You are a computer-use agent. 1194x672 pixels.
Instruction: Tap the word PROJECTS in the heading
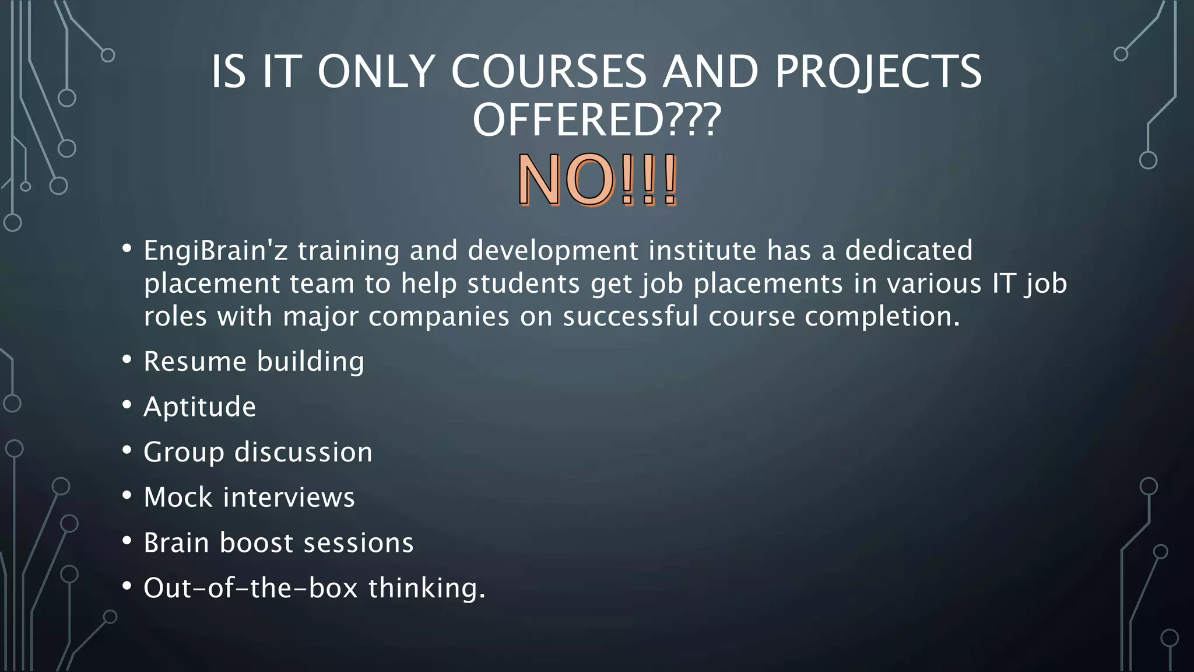878,72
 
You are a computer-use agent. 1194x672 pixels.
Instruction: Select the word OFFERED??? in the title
596,120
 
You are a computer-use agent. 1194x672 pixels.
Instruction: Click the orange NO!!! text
597,181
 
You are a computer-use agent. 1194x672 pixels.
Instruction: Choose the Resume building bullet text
254,362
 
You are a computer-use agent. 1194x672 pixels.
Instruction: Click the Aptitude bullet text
199,407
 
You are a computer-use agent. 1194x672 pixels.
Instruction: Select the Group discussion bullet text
258,452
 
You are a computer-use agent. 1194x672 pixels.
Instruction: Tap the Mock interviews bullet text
249,498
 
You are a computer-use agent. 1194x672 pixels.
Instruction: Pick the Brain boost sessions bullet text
279,543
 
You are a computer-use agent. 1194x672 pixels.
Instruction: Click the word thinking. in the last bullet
427,588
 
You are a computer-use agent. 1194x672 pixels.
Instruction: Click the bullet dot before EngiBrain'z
127,249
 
